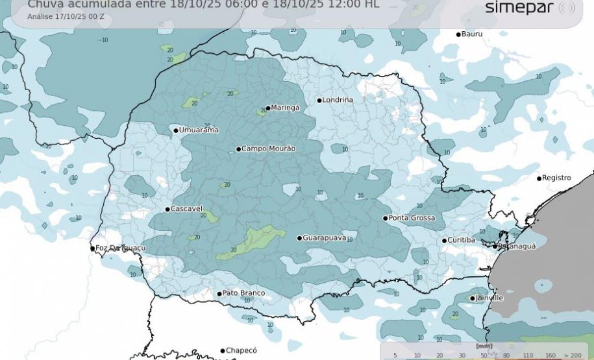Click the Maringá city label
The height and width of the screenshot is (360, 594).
coord(285,108)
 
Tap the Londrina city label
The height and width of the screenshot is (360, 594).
coord(338,100)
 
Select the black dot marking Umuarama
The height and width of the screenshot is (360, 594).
coord(175,130)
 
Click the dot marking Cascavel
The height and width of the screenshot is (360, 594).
coord(167,209)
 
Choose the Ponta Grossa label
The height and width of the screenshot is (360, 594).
coord(412,218)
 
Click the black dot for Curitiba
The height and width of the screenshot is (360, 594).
coord(444,241)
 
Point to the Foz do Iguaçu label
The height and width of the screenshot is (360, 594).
coord(121,248)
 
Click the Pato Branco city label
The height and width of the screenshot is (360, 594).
coord(243,293)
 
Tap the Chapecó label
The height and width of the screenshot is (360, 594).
coord(241,350)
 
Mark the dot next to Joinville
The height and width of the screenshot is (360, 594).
coord(473,298)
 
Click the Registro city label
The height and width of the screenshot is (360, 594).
coord(556,178)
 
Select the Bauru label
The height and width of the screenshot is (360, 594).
coord(472,34)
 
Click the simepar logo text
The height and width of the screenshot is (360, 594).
coord(519,8)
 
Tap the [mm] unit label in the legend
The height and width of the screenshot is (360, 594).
coord(484,346)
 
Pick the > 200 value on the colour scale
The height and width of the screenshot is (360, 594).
coord(572,355)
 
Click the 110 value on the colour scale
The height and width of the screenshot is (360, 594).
coord(528,355)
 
